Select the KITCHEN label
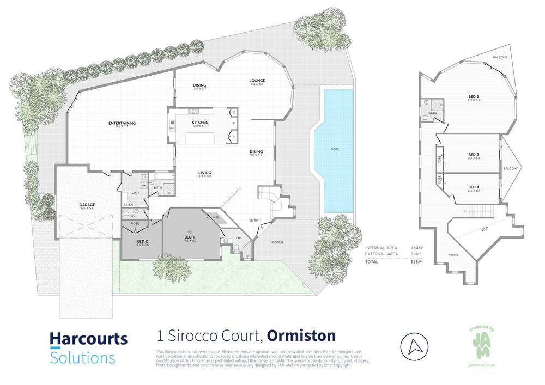(x=200, y=123)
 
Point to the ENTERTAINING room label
(x=122, y=123)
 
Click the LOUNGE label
(x=257, y=80)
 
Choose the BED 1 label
(x=190, y=237)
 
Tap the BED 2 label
(x=142, y=242)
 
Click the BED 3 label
(x=473, y=155)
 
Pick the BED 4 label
(x=473, y=188)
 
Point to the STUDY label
(x=453, y=255)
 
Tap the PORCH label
(x=277, y=242)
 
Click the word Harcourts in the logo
(x=88, y=339)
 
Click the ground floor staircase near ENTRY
(x=270, y=198)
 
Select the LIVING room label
(x=205, y=173)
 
